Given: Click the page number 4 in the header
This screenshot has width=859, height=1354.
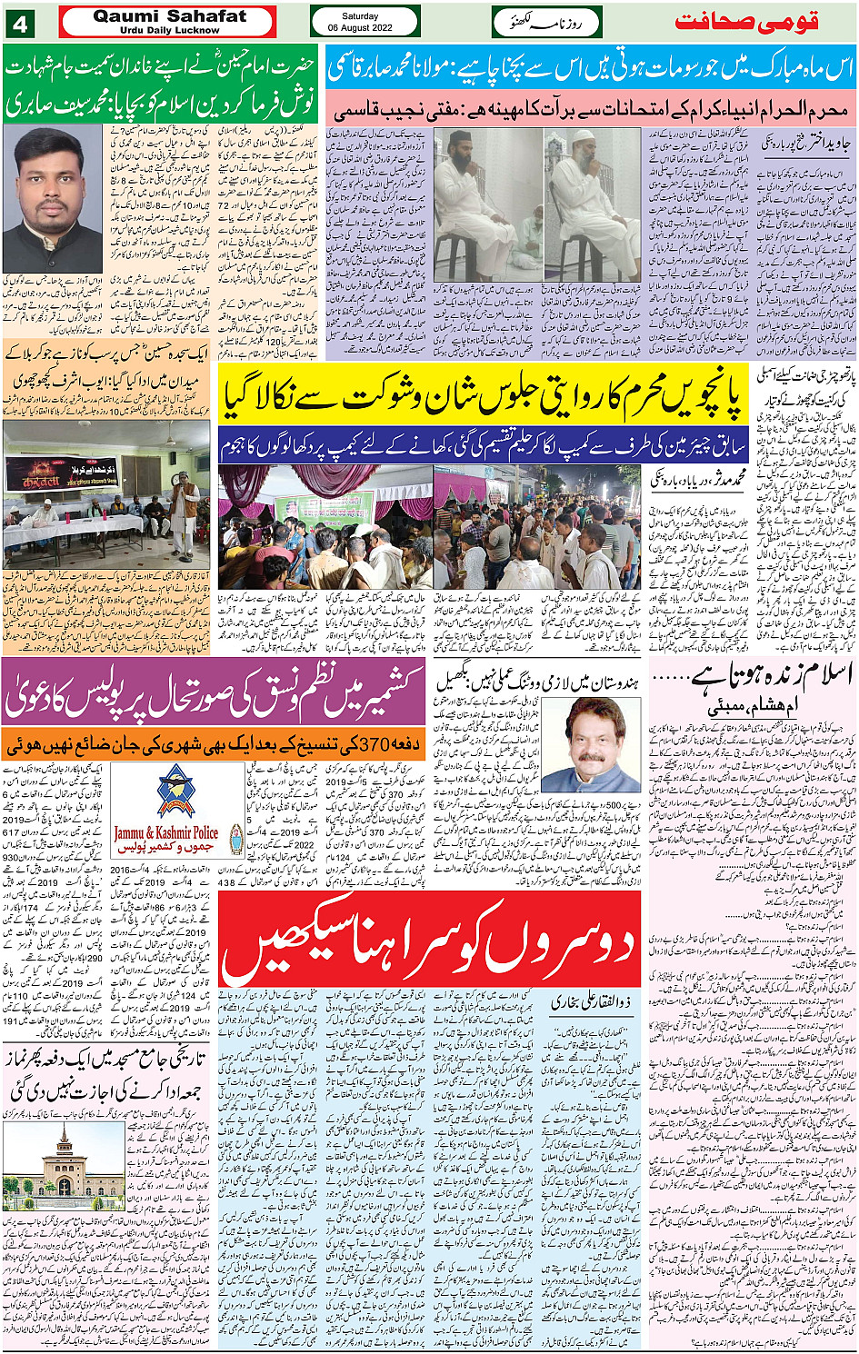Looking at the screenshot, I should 20,22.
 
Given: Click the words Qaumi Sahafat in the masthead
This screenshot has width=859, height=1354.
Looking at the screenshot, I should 170,16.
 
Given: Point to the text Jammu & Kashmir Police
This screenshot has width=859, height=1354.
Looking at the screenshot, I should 165,831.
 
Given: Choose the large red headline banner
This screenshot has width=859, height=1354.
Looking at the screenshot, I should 443,945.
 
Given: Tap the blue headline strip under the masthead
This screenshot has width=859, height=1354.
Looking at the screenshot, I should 590,67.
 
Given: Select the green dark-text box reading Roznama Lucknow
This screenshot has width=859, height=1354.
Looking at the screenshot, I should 545,22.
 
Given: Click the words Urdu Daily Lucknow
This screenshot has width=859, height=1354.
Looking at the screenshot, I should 169,30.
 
